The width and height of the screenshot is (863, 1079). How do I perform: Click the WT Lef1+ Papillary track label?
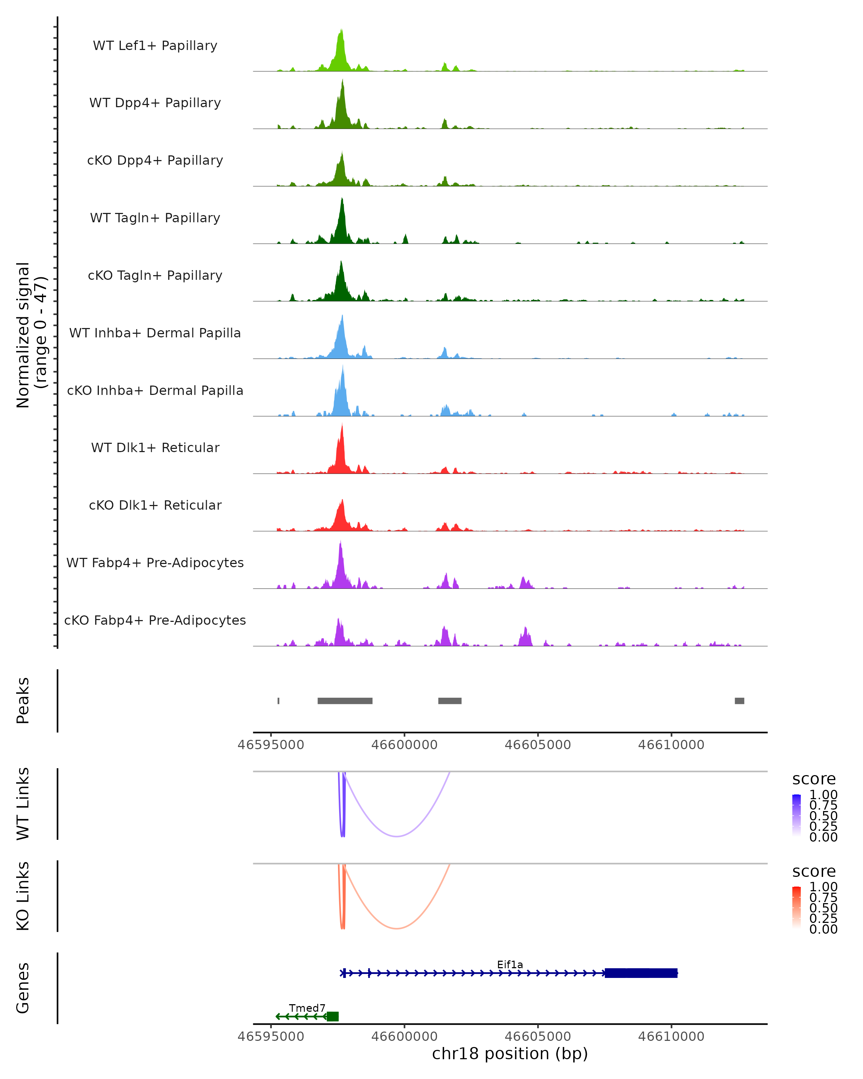coord(155,46)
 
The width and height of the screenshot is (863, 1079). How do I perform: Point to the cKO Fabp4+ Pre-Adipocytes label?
coord(155,620)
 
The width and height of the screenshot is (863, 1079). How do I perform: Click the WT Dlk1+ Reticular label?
coord(155,447)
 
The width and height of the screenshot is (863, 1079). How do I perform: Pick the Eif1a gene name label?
coord(510,964)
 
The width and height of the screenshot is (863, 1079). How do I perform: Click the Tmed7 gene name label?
coord(307,1008)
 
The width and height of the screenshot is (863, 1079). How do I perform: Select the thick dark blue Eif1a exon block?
coord(641,973)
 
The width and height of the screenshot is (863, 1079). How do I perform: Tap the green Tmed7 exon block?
coord(333,1016)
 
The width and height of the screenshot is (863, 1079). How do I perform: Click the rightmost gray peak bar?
coord(739,701)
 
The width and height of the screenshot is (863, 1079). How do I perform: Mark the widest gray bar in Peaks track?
coord(345,701)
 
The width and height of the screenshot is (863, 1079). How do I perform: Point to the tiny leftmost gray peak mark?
coord(278,701)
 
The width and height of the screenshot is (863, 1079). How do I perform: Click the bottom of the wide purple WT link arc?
coord(396,836)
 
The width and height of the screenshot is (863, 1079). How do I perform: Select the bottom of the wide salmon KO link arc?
coord(396,928)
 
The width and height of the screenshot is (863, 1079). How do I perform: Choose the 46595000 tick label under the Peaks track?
coord(271,745)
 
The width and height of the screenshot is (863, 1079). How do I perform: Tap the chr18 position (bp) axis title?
coord(510,1053)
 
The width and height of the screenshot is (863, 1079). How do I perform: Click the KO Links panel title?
coord(23,896)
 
